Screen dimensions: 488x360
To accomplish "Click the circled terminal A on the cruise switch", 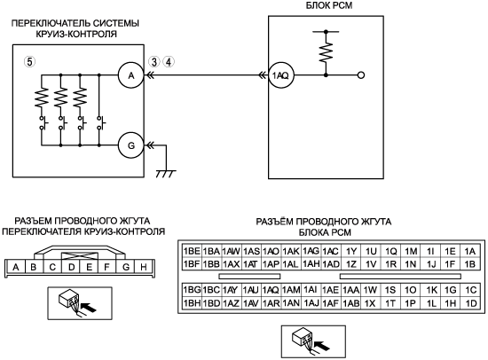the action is (131, 75).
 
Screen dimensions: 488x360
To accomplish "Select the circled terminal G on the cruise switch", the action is (131, 145).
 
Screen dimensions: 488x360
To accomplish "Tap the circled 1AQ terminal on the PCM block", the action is (281, 75).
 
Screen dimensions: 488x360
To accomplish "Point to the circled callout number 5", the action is (29, 61).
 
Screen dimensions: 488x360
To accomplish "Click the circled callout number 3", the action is (154, 62).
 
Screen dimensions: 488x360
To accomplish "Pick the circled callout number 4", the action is (169, 62).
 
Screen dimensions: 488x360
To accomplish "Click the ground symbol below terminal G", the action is (166, 174).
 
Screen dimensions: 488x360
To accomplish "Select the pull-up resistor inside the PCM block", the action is (326, 53).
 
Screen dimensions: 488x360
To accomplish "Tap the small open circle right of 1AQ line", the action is (361, 75).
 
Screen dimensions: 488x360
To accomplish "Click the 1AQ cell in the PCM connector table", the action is (271, 290).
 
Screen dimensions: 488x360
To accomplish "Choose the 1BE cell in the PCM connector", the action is (192, 251).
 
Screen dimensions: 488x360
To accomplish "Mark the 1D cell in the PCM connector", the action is (471, 303).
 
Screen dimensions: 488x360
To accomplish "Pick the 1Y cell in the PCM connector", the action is (350, 251).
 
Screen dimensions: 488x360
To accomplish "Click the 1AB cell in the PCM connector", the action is (350, 303).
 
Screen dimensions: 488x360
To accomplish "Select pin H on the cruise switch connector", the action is (144, 267).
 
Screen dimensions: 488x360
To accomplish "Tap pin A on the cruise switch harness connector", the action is (16, 267).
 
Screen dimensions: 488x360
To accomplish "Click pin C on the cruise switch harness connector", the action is (52, 267).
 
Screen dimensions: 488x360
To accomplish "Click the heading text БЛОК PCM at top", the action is (329, 5).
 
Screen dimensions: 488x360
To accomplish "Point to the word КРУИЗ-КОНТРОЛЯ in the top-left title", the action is (76, 34).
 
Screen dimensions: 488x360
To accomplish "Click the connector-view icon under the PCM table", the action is (313, 341).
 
